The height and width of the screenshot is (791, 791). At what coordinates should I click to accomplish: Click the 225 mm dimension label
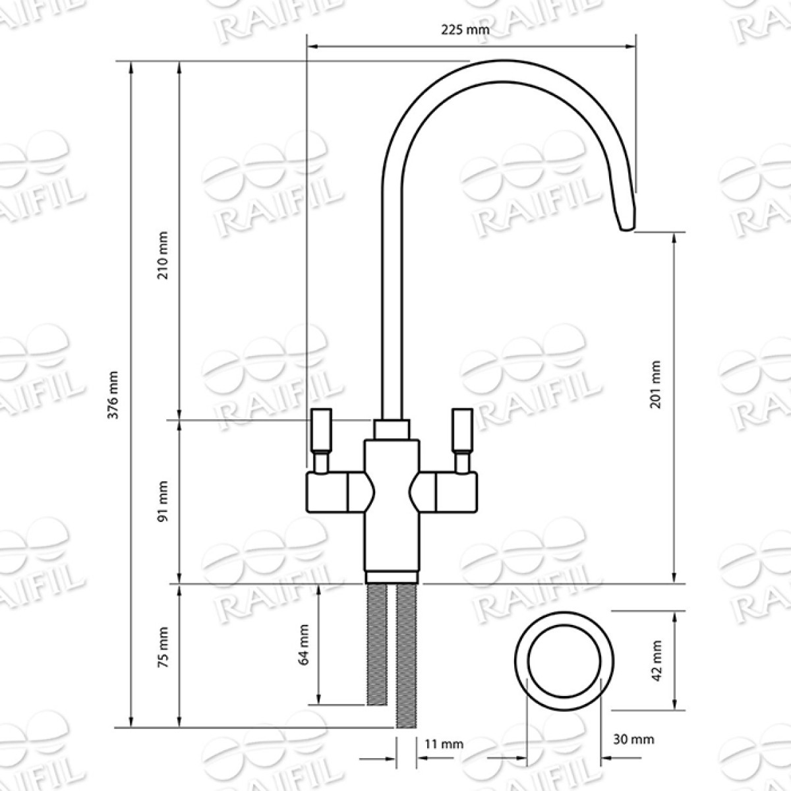tap(465, 30)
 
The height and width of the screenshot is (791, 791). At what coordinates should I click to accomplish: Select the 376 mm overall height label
tap(113, 395)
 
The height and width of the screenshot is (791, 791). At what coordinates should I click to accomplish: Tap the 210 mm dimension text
tap(163, 255)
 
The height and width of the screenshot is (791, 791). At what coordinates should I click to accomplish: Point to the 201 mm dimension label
tap(655, 384)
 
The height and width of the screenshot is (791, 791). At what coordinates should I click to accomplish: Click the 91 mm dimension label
tap(163, 502)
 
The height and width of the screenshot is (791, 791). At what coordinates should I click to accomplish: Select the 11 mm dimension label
tap(444, 744)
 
